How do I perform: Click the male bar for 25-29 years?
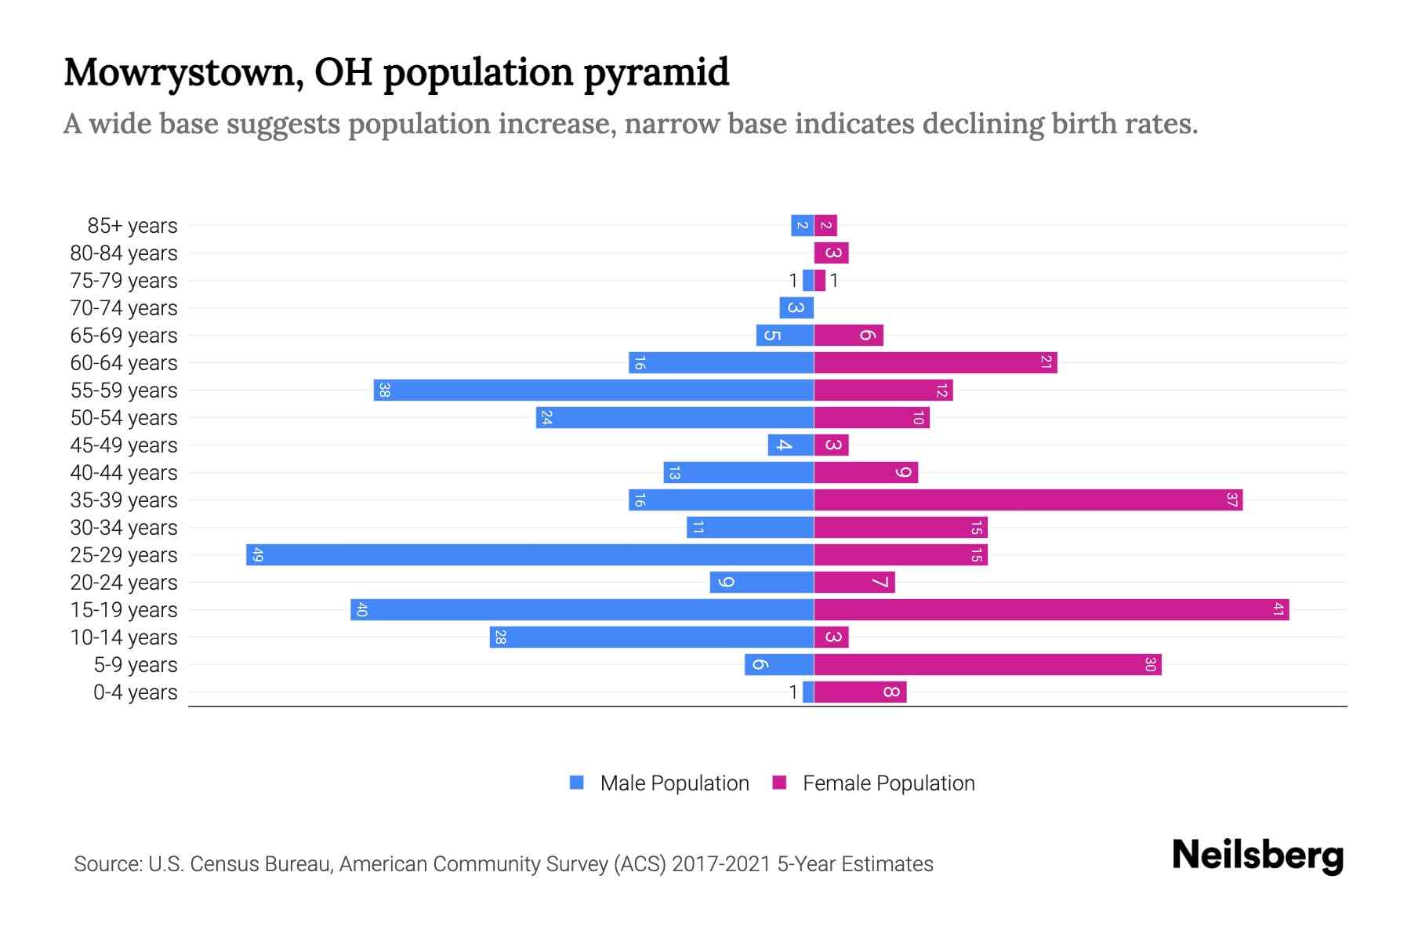(x=530, y=555)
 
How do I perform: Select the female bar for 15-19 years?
(x=1051, y=610)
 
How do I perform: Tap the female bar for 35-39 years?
(x=1028, y=500)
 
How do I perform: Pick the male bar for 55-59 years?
(x=593, y=391)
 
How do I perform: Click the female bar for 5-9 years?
(x=987, y=665)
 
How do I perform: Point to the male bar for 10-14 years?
(x=651, y=638)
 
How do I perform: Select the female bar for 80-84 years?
(x=831, y=253)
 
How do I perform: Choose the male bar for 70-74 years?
(x=796, y=308)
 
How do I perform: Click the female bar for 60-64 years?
(x=935, y=363)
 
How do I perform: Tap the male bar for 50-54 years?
(x=675, y=418)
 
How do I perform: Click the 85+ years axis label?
(x=132, y=226)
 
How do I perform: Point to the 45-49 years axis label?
(x=124, y=445)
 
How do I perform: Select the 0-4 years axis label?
(x=135, y=692)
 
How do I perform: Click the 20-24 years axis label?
(x=124, y=583)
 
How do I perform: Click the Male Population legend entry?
(x=673, y=783)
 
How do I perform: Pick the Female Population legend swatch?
(x=779, y=783)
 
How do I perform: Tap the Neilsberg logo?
(x=1257, y=856)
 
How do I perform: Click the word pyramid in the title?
(x=655, y=73)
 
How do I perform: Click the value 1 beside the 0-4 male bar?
(x=793, y=692)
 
